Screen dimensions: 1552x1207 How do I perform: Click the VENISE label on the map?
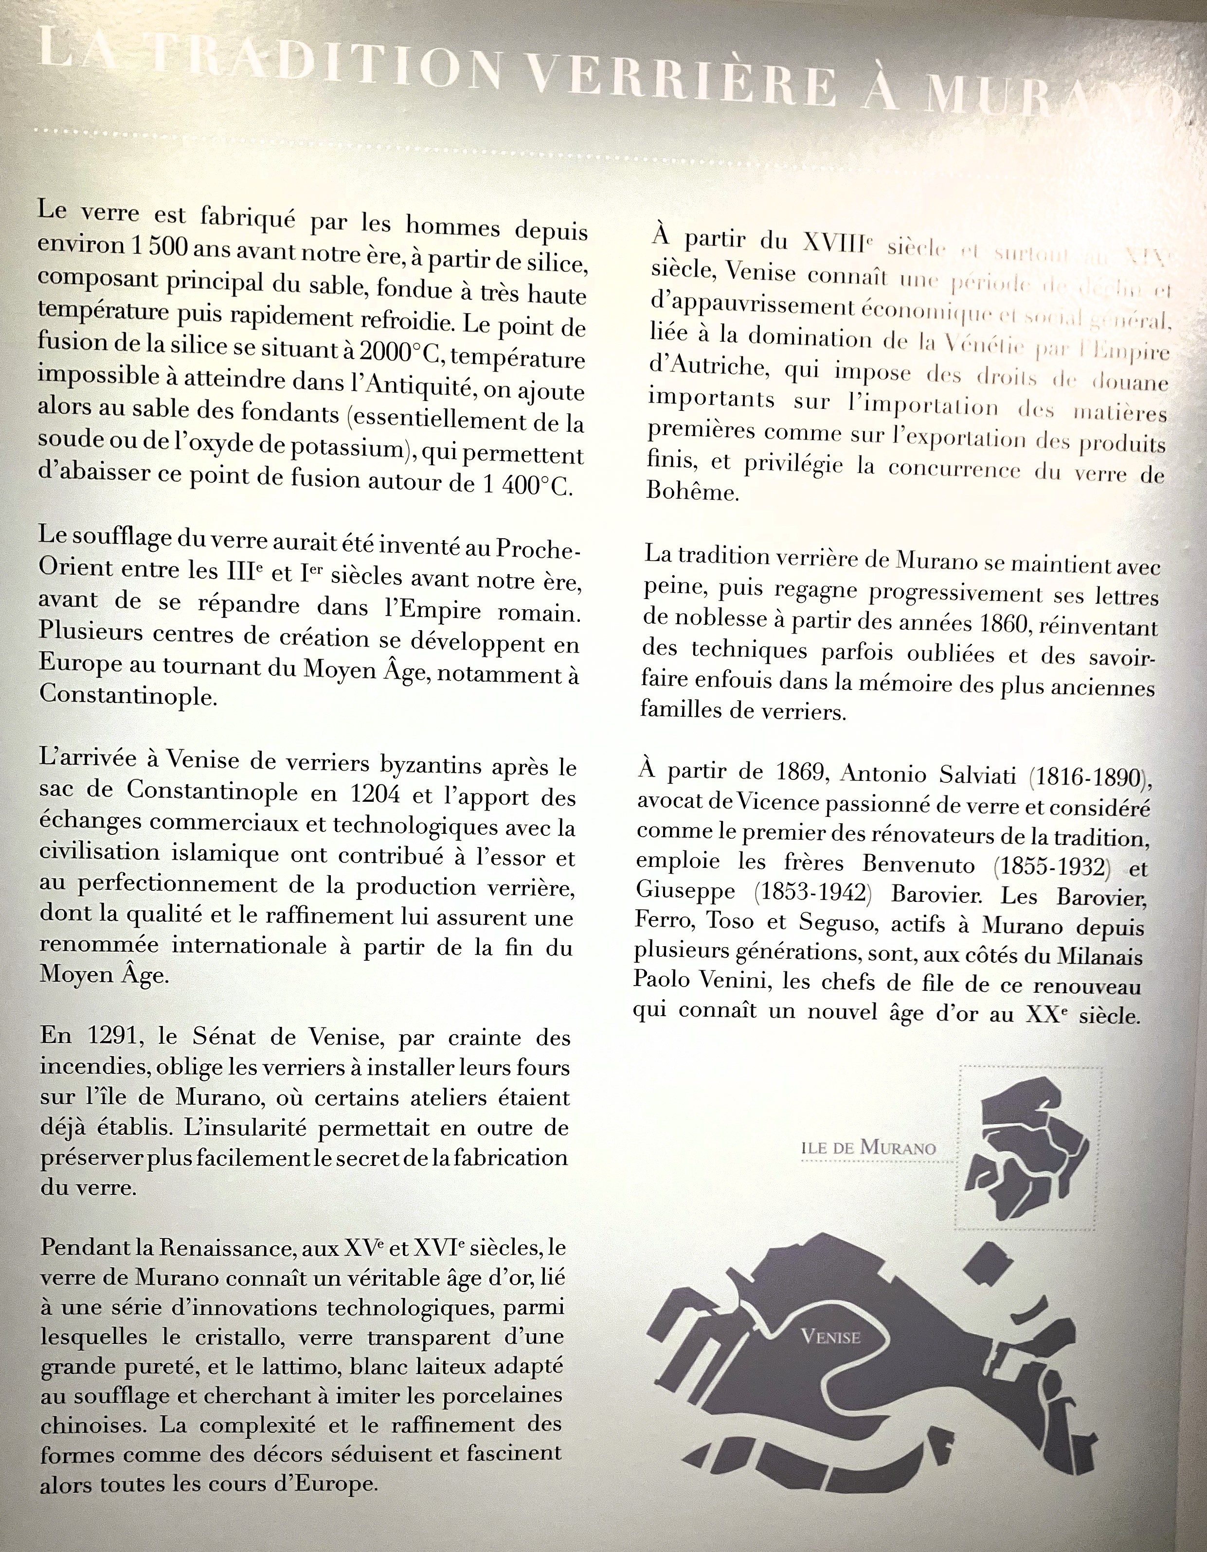coord(830,1337)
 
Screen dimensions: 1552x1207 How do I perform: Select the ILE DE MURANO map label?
coord(868,1147)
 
